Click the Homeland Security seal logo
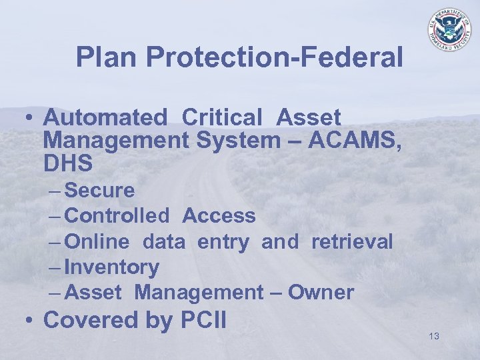(x=449, y=30)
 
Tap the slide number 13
(x=434, y=336)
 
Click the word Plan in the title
(x=107, y=57)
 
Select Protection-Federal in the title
(x=275, y=57)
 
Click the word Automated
(x=105, y=118)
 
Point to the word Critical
(x=222, y=118)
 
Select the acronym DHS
(x=67, y=163)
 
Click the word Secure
(x=100, y=191)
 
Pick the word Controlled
(x=118, y=216)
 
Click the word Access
(x=219, y=216)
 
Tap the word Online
(x=99, y=241)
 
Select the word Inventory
(x=111, y=267)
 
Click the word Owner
(x=321, y=293)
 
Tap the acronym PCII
(x=203, y=320)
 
